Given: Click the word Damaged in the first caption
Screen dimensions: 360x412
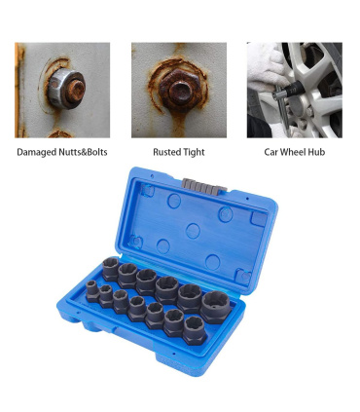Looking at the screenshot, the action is tap(36, 152).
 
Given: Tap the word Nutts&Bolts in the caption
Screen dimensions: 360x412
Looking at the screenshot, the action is tap(83, 152).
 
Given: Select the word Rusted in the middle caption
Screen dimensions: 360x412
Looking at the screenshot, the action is tap(165, 152).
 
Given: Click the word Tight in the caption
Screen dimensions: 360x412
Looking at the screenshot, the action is tap(193, 152).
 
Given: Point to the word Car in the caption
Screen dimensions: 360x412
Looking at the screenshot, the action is tap(270, 152).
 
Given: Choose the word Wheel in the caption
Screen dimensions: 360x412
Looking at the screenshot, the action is tap(293, 152).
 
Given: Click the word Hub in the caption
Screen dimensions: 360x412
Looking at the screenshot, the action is tap(316, 152).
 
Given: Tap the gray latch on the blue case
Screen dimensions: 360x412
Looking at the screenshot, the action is tap(204, 187).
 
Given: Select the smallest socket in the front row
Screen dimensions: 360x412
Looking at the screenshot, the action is tap(92, 291).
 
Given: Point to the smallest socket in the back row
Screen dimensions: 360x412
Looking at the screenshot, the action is tap(111, 269).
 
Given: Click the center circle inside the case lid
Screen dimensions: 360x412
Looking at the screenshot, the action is tap(193, 231).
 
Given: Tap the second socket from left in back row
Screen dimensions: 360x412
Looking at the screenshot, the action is tap(127, 276).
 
